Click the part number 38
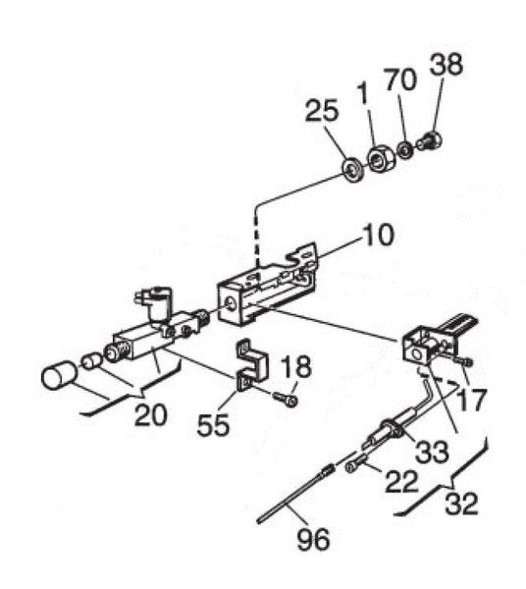pyautogui.click(x=447, y=64)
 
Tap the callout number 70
pyautogui.click(x=400, y=80)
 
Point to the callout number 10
pyautogui.click(x=377, y=235)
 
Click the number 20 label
pyautogui.click(x=150, y=415)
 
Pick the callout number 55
pyautogui.click(x=213, y=425)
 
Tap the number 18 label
pyautogui.click(x=296, y=366)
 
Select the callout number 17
pyautogui.click(x=472, y=401)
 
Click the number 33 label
pyautogui.click(x=432, y=451)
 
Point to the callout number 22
pyautogui.click(x=401, y=481)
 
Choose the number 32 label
pyautogui.click(x=461, y=504)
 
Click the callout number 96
pyautogui.click(x=313, y=539)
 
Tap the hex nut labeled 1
pyautogui.click(x=382, y=159)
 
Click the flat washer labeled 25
pyautogui.click(x=353, y=170)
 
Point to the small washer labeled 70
pyautogui.click(x=405, y=150)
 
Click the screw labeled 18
pyautogui.click(x=286, y=399)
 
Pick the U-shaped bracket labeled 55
pyautogui.click(x=252, y=364)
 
